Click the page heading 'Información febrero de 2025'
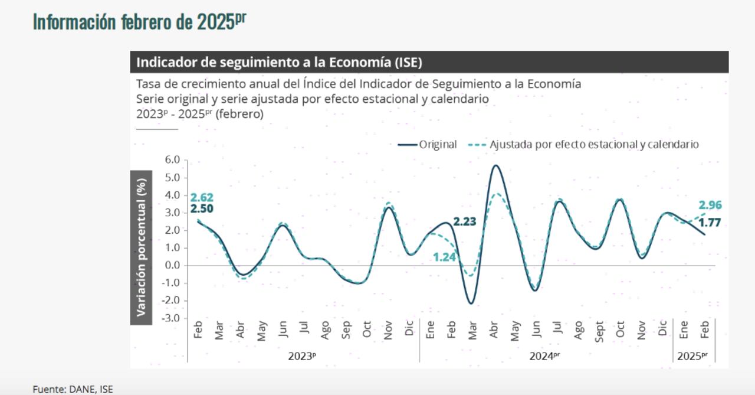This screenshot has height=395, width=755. point(139,22)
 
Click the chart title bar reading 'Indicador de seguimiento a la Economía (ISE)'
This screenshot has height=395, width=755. point(279,62)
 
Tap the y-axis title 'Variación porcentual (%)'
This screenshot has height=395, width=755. point(142,247)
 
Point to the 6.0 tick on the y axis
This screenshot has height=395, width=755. point(172,159)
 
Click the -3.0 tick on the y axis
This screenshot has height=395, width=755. point(171,318)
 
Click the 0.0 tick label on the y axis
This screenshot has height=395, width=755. point(172,265)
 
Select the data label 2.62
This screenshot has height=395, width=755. point(202,197)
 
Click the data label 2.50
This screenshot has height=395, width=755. point(202,208)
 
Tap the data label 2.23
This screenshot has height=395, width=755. point(464,222)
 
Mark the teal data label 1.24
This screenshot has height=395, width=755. point(444,257)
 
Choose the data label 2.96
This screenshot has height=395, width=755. point(710,205)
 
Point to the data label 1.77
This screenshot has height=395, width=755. point(710,223)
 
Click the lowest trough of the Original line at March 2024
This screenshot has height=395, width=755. point(471,303)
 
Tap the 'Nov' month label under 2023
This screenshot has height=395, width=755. point(388,330)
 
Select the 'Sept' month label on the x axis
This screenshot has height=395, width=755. point(599,332)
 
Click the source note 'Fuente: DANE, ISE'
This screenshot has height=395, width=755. point(73,389)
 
